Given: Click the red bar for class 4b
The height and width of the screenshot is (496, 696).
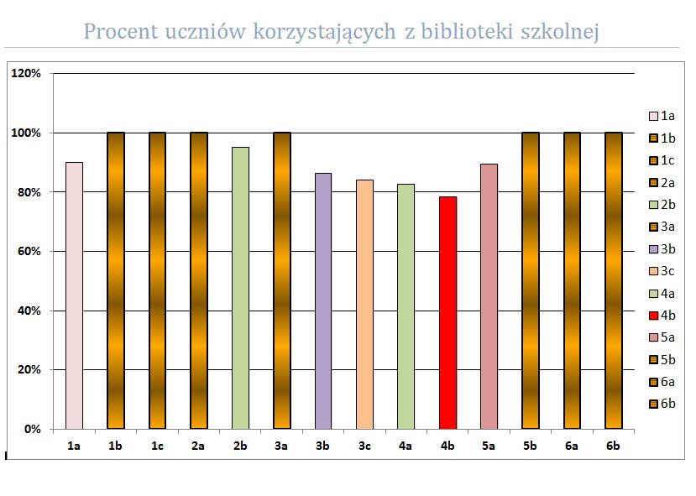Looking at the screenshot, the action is coord(447,313).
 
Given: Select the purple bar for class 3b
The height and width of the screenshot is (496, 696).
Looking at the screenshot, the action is coord(323,301).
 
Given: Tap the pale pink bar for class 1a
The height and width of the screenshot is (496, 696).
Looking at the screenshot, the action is coord(74,296).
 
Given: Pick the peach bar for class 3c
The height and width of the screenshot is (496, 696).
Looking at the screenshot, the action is coord(365,305).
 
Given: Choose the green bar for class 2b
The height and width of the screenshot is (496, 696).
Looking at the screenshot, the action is coord(241,288).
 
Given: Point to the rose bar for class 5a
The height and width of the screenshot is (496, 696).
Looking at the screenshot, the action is coord(489,296).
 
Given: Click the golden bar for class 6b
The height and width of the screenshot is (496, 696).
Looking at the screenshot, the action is coord(614,280).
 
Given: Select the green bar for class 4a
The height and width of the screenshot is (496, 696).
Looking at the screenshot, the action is coord(406,306).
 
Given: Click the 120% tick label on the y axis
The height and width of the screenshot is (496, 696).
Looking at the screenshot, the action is coord(26,73).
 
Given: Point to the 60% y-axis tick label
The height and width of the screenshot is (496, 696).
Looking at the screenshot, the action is coord(29,251).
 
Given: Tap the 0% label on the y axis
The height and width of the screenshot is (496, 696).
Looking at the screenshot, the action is coord(33,429).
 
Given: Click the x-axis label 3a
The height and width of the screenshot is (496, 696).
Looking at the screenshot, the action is coord(281,446).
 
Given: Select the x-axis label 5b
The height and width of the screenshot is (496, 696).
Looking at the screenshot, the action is coord(530,446).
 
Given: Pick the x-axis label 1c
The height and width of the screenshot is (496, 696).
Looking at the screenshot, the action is coord(157,446).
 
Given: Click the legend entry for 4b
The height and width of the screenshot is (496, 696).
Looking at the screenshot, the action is coord(662,316).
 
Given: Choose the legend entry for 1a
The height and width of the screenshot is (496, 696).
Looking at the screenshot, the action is coord(662,116).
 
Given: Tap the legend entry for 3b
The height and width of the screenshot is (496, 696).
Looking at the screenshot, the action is coord(662,249).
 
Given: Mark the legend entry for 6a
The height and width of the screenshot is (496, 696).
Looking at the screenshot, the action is coord(662,382).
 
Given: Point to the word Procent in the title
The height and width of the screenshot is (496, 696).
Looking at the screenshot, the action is coord(121,32).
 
